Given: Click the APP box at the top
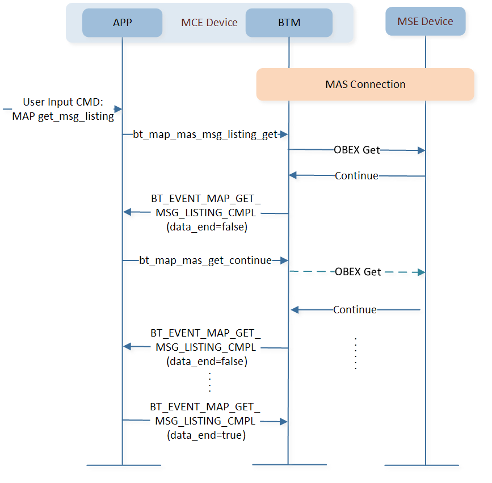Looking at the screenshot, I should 122,23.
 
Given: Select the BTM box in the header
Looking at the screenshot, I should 289,23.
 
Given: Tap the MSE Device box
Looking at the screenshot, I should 425,22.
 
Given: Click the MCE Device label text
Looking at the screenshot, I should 209,23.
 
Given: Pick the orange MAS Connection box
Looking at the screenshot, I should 365,85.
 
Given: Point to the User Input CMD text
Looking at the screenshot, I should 63,102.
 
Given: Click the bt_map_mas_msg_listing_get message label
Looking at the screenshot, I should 205,135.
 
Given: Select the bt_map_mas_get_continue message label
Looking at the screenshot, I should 205,261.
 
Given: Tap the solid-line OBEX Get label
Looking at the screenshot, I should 356,150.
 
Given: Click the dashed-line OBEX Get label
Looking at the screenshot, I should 358,272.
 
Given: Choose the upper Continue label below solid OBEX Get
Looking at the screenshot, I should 356,176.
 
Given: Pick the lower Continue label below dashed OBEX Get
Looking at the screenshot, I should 355,310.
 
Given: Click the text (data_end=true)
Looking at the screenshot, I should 205,436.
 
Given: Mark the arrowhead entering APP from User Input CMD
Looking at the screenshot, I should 118,109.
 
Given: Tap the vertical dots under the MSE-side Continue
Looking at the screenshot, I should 355,354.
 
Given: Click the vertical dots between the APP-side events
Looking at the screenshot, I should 209,382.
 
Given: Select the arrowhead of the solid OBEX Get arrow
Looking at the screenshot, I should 422,150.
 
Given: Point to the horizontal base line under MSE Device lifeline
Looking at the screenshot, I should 422,465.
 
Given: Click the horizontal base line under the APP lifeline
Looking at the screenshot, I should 123,465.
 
